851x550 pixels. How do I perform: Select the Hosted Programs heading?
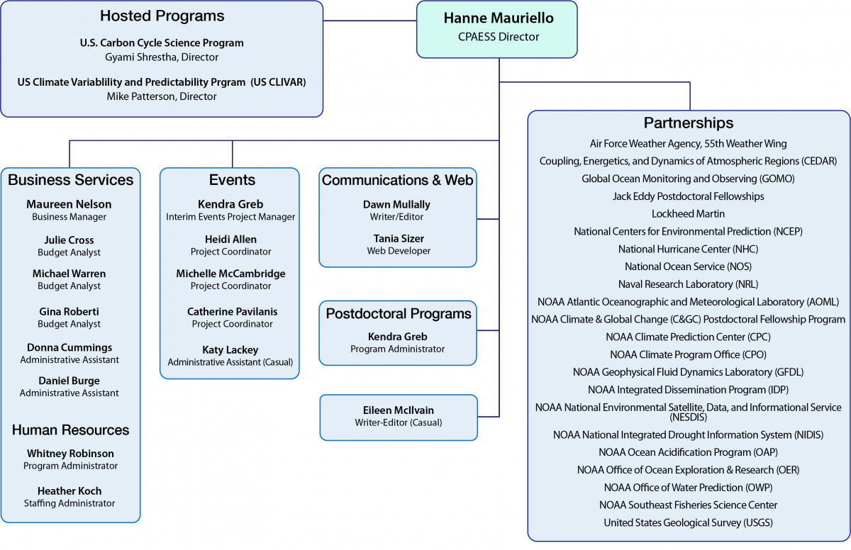tap(162, 16)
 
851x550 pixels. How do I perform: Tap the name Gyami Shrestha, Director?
tap(162, 57)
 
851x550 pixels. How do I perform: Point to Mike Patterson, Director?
tap(162, 96)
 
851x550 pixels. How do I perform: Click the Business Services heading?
tap(70, 180)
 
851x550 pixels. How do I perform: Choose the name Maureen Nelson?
tap(69, 204)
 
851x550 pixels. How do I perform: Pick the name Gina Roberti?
tap(69, 312)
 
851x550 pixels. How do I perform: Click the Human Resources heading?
tap(70, 430)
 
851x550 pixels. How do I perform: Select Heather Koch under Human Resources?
tap(69, 490)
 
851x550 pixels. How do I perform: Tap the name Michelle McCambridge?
tap(231, 274)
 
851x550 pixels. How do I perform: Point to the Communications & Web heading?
tap(397, 180)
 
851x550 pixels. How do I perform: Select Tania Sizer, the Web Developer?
tap(397, 238)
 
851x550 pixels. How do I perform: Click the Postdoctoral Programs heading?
tap(398, 313)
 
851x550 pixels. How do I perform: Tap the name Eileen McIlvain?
tap(398, 410)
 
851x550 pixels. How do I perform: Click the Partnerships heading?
tap(688, 123)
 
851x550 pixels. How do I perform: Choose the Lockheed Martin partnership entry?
tap(688, 213)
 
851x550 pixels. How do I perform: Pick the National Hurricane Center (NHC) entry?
tap(688, 249)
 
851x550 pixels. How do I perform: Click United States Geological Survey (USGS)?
tap(688, 522)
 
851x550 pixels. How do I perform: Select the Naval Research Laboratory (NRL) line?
tap(688, 284)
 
